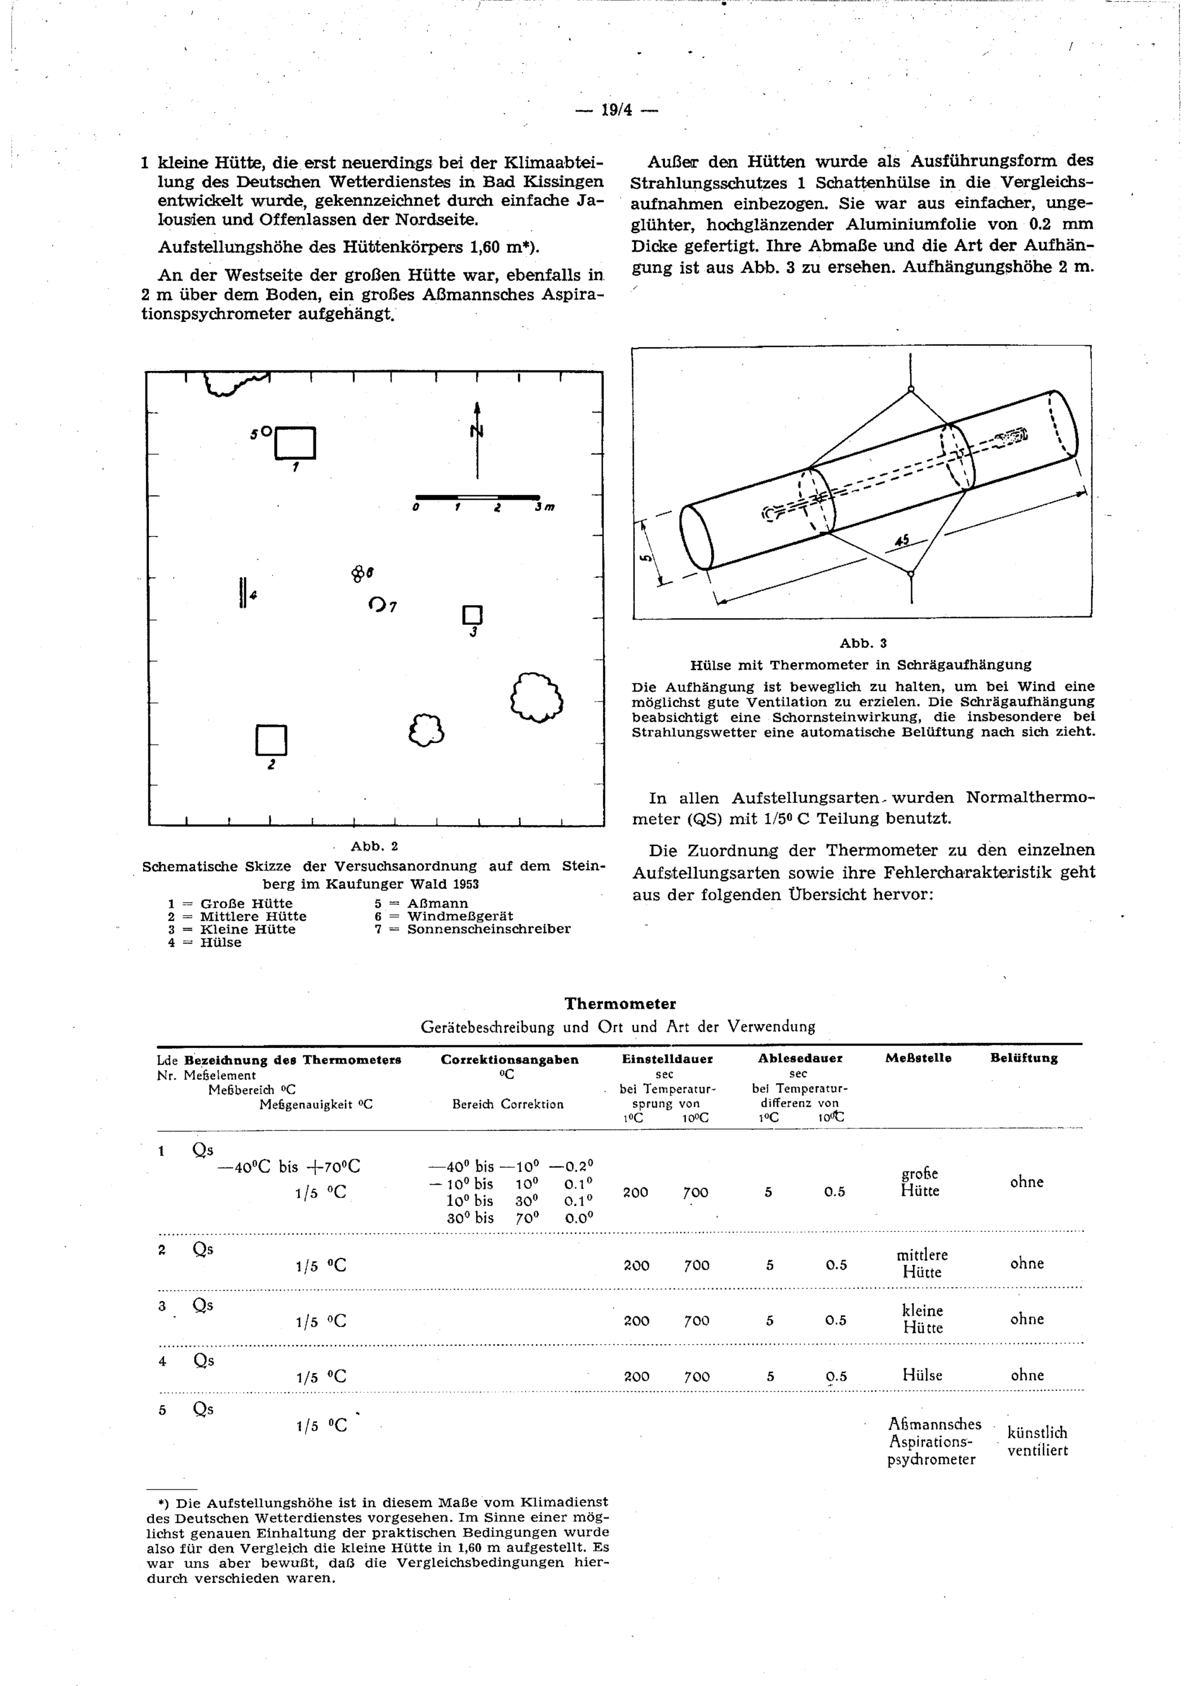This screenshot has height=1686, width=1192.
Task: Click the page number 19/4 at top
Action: click(x=616, y=110)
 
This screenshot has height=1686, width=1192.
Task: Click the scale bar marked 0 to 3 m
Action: click(x=477, y=497)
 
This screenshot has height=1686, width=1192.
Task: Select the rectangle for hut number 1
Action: click(x=295, y=443)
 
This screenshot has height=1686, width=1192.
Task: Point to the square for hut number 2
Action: click(x=271, y=740)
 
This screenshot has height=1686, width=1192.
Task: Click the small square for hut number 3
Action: click(x=473, y=615)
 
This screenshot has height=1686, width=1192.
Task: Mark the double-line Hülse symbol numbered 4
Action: click(x=242, y=593)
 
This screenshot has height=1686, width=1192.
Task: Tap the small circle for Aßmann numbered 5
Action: click(x=266, y=430)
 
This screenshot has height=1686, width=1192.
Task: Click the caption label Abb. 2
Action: click(x=374, y=846)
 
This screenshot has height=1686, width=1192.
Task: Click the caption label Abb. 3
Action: click(x=863, y=643)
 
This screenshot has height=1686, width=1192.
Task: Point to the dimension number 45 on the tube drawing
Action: click(x=901, y=541)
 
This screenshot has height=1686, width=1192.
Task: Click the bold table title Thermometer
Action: click(x=620, y=1003)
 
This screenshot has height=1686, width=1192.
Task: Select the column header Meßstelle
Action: click(x=918, y=1058)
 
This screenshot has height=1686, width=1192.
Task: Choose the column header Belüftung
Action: click(x=1024, y=1058)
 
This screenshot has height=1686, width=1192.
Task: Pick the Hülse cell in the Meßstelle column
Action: click(x=922, y=1375)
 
